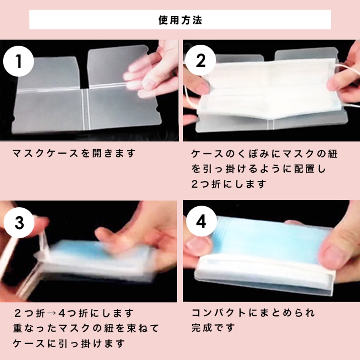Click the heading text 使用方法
pyautogui.click(x=180, y=20)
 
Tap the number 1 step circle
pyautogui.click(x=18, y=61)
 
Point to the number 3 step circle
pyautogui.click(x=19, y=222)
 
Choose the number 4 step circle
pyautogui.click(x=201, y=222)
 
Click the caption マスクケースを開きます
pyautogui.click(x=74, y=153)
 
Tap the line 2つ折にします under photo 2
pyautogui.click(x=229, y=184)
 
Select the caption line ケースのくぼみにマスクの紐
pyautogui.click(x=264, y=154)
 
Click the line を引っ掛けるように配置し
pyautogui.click(x=259, y=169)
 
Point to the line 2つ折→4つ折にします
pyautogui.click(x=74, y=313)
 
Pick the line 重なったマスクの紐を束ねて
pyautogui.click(x=86, y=328)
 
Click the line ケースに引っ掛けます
pyautogui.click(x=69, y=344)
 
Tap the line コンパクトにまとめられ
pyautogui.click(x=253, y=313)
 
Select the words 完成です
pyautogui.click(x=213, y=328)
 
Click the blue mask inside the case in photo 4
pyautogui.click(x=271, y=239)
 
